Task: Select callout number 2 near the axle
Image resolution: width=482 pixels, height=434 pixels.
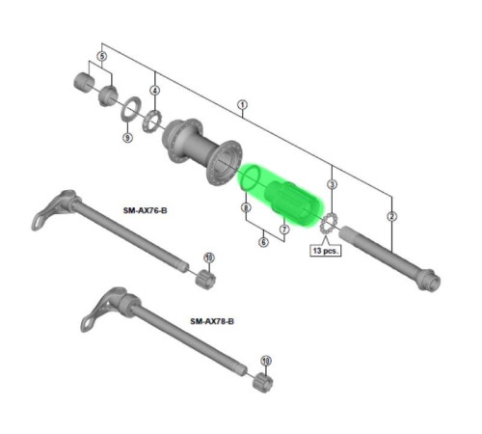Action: (x=391, y=216)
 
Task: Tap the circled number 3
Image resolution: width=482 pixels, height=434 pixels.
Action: (x=332, y=183)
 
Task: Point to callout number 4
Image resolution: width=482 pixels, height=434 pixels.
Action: (x=154, y=91)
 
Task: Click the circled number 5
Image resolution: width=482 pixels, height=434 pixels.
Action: (x=102, y=57)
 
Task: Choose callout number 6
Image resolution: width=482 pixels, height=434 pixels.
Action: (x=263, y=242)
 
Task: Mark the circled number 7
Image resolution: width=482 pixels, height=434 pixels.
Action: (x=283, y=229)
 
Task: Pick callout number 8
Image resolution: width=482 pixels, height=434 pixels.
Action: (x=246, y=207)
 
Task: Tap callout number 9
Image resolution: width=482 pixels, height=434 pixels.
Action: (x=127, y=138)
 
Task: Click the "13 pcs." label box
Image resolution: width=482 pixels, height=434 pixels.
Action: (x=324, y=250)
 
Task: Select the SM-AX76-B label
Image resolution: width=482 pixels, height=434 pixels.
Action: (x=146, y=209)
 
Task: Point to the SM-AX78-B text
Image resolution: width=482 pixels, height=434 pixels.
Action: (x=212, y=321)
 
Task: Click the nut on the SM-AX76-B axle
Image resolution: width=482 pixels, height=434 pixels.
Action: (x=203, y=280)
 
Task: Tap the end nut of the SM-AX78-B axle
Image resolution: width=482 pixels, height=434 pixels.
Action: (x=260, y=382)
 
